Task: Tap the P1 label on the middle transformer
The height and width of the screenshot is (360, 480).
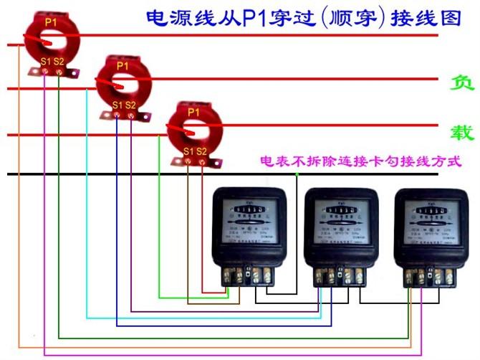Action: point(122,65)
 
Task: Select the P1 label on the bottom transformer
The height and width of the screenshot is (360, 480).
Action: point(193,112)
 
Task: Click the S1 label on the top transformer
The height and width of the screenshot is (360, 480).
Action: point(45,62)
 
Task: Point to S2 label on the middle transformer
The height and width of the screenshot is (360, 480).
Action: point(130,105)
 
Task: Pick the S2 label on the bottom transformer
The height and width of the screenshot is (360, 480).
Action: point(202,151)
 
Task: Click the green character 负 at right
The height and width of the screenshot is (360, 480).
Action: point(461,84)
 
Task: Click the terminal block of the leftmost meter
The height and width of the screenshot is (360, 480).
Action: point(247,274)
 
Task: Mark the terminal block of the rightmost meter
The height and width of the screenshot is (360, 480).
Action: point(428,275)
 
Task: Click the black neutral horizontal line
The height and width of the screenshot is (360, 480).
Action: point(107,174)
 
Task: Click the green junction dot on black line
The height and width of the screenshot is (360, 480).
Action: point(296,174)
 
